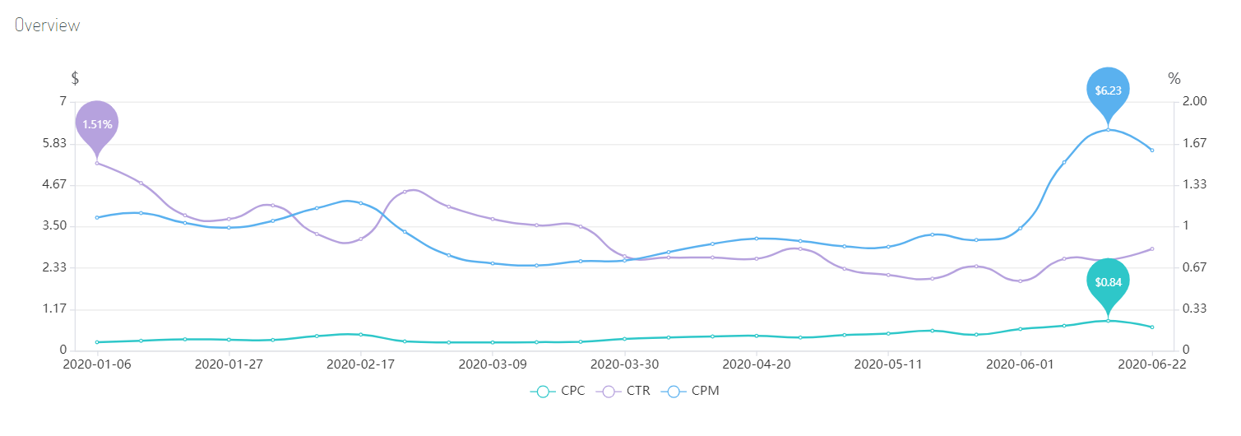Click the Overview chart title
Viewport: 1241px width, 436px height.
pyautogui.click(x=47, y=26)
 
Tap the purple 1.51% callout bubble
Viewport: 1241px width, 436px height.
pyautogui.click(x=97, y=123)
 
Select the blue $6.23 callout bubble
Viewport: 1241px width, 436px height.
pyautogui.click(x=1108, y=90)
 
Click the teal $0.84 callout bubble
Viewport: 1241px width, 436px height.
pyautogui.click(x=1108, y=281)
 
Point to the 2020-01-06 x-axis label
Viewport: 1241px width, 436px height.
pyautogui.click(x=97, y=364)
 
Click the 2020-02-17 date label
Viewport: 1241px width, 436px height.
pyautogui.click(x=360, y=364)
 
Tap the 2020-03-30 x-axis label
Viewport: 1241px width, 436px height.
pyautogui.click(x=624, y=364)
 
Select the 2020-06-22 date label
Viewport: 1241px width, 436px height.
pyautogui.click(x=1151, y=364)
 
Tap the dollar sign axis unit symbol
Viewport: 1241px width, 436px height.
pyautogui.click(x=75, y=79)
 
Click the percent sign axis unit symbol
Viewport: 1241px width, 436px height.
pyautogui.click(x=1174, y=79)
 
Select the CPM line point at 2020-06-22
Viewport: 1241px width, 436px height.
pyautogui.click(x=1151, y=150)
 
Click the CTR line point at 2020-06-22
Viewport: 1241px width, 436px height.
pyautogui.click(x=1151, y=248)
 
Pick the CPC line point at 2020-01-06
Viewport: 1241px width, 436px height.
pyautogui.click(x=97, y=342)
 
